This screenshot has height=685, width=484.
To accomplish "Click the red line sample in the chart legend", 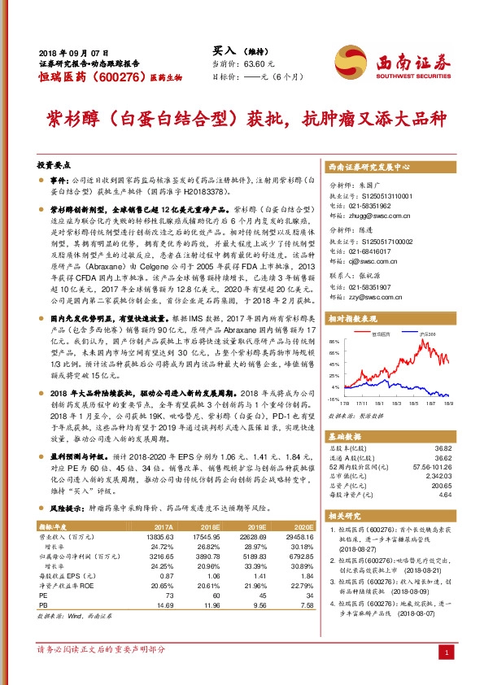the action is [364, 334].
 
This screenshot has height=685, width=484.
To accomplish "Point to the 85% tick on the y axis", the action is [334, 342].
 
